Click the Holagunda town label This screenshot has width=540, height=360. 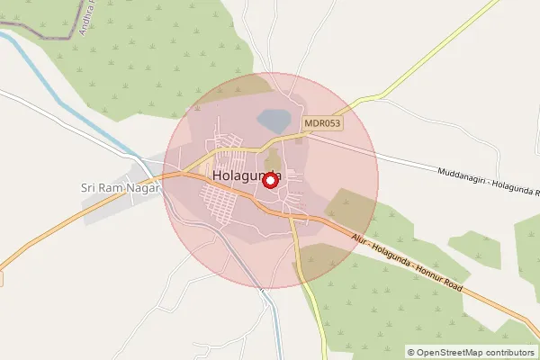(247, 175)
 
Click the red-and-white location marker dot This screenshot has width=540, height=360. (268, 180)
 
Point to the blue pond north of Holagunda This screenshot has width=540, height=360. (274, 120)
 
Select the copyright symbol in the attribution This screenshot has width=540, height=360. (411, 352)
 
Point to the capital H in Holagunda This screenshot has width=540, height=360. (218, 175)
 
